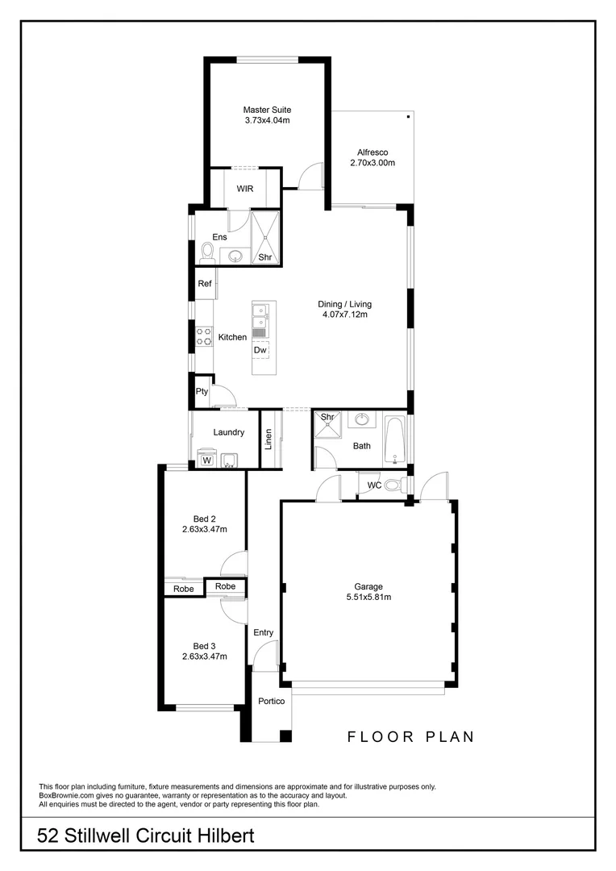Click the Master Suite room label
(267, 110)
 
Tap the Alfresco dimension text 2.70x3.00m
(372, 163)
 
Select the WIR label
(245, 189)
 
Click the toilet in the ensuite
(206, 254)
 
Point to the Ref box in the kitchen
(205, 284)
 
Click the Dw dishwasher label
(260, 350)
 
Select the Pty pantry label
(202, 392)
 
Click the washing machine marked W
(206, 461)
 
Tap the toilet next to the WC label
(393, 486)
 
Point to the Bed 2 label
(205, 519)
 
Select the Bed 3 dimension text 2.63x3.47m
(205, 656)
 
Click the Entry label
(263, 632)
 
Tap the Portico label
(272, 702)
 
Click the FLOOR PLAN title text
(410, 736)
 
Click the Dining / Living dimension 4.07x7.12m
(344, 315)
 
